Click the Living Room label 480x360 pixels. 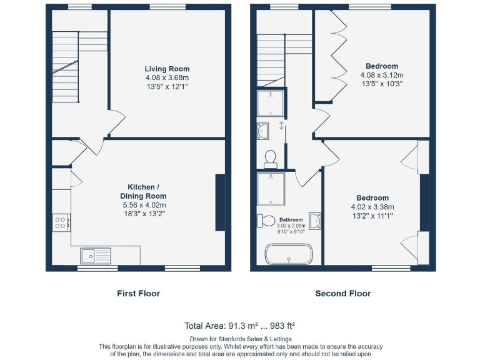[x=167, y=69]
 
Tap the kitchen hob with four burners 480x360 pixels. [x=61, y=222]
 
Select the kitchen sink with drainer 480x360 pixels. [x=96, y=255]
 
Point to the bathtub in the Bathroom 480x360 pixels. [x=288, y=254]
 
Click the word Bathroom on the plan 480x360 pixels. [x=291, y=220]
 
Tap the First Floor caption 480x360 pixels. [x=139, y=293]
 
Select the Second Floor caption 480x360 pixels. [x=342, y=293]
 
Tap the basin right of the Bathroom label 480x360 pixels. [x=315, y=221]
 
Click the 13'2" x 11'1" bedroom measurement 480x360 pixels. [x=372, y=216]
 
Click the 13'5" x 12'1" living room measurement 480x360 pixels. [x=167, y=86]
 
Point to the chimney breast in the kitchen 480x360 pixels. [x=220, y=202]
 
